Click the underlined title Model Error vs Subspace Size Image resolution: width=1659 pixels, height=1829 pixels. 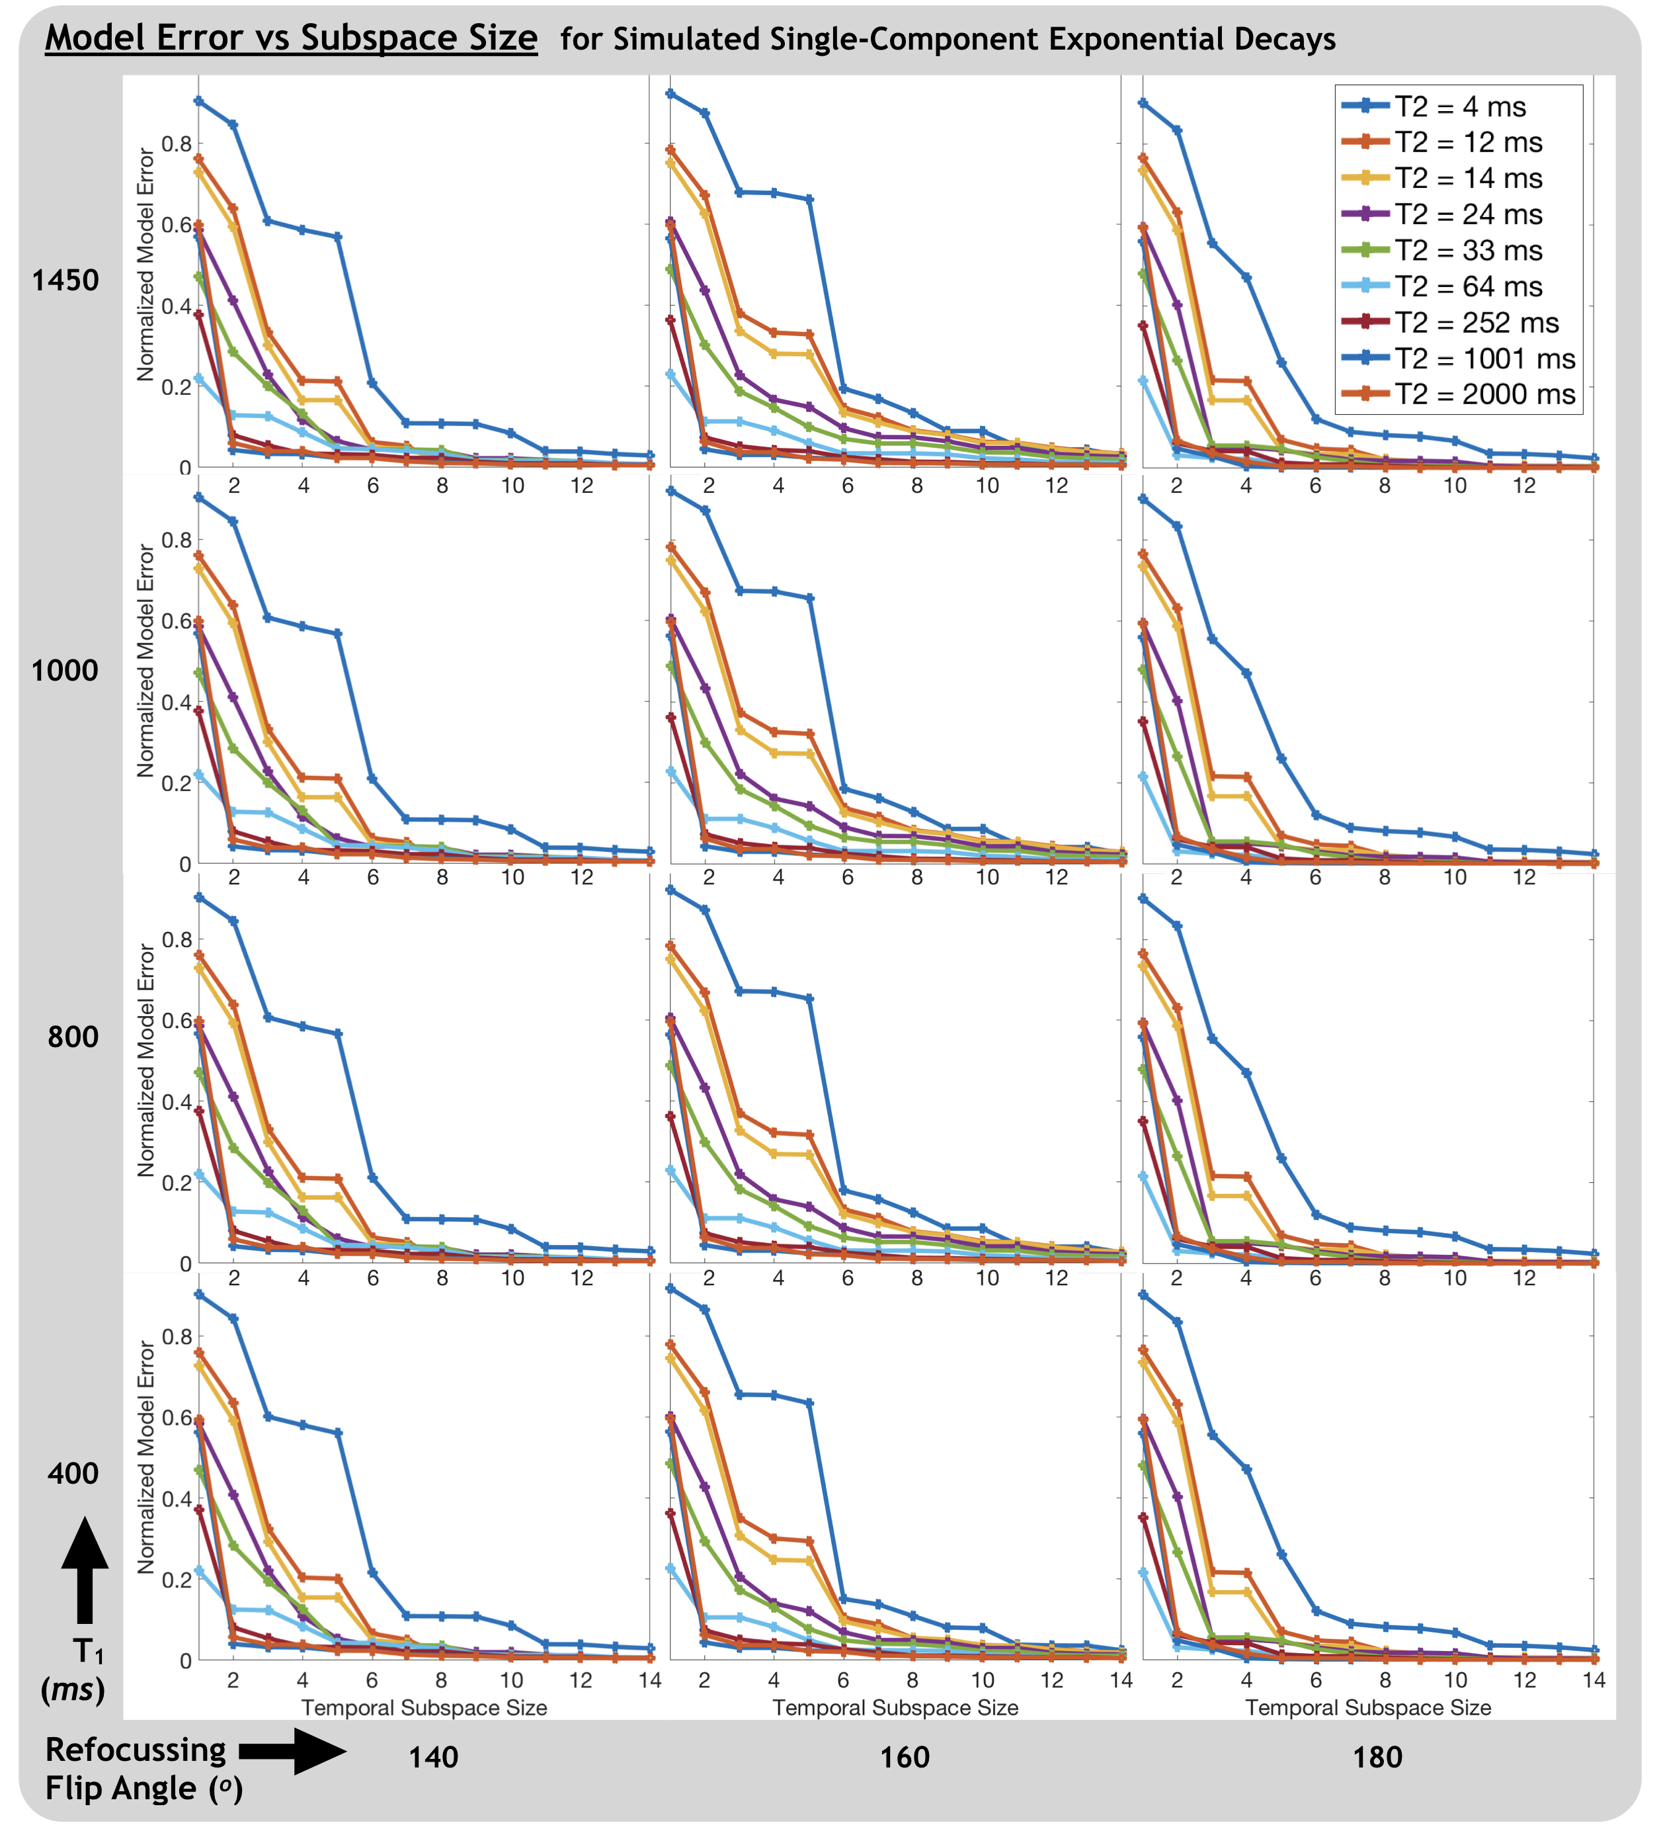[291, 38]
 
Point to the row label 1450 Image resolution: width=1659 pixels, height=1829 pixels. [65, 280]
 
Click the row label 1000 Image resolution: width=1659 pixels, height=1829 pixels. [65, 671]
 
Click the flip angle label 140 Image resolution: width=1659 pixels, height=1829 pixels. [434, 1758]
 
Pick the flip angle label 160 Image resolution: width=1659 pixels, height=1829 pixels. [905, 1758]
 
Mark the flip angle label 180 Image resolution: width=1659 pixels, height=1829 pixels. [1378, 1758]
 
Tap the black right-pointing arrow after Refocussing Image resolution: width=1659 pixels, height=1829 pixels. [292, 1751]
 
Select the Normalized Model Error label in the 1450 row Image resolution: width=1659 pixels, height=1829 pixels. [145, 265]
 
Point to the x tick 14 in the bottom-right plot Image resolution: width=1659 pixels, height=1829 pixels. [1594, 1680]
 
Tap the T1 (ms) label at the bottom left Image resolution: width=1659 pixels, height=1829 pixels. [73, 1670]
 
